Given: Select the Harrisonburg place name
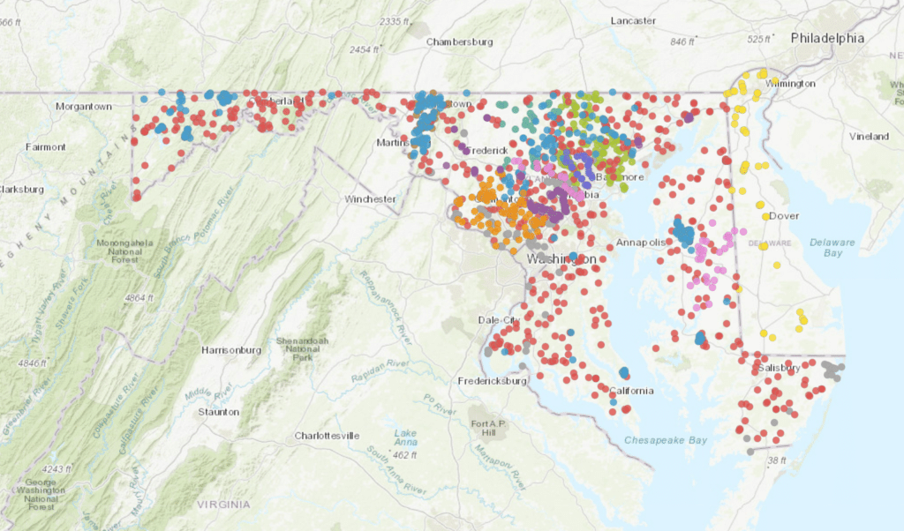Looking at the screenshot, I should (x=231, y=350).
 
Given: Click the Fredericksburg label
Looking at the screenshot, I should (x=492, y=381).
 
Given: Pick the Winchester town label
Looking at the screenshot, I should (x=370, y=199).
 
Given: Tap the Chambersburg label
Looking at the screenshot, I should (x=459, y=41).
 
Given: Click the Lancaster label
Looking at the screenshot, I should (x=633, y=20).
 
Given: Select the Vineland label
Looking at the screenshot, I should (x=869, y=137).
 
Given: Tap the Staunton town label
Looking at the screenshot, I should (x=219, y=411).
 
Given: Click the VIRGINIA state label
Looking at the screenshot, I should (x=224, y=505).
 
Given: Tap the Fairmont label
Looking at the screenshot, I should (x=45, y=146).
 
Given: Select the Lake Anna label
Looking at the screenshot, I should (x=406, y=438).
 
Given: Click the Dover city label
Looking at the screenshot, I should (x=784, y=215).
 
